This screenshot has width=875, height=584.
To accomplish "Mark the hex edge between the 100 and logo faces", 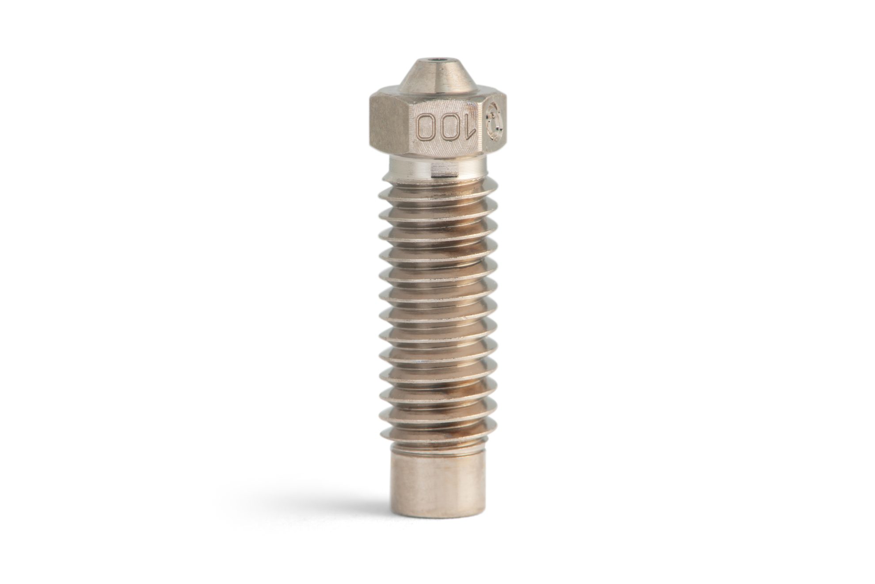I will pyautogui.click(x=484, y=128).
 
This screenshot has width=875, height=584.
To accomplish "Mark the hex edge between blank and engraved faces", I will pyautogui.click(x=412, y=128).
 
